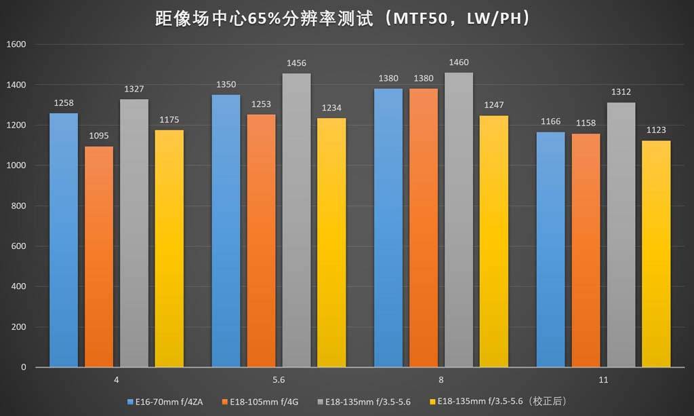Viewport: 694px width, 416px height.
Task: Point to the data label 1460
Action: click(x=459, y=63)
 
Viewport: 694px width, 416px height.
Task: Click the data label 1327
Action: click(x=134, y=89)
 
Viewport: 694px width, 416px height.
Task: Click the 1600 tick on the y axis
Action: click(x=16, y=45)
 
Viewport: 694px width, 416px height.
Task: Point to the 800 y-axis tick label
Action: click(x=18, y=206)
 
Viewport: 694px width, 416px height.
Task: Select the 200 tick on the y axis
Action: click(x=18, y=327)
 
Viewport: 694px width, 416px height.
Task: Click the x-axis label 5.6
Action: click(x=278, y=380)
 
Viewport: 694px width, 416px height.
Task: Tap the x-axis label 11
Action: click(x=603, y=380)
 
